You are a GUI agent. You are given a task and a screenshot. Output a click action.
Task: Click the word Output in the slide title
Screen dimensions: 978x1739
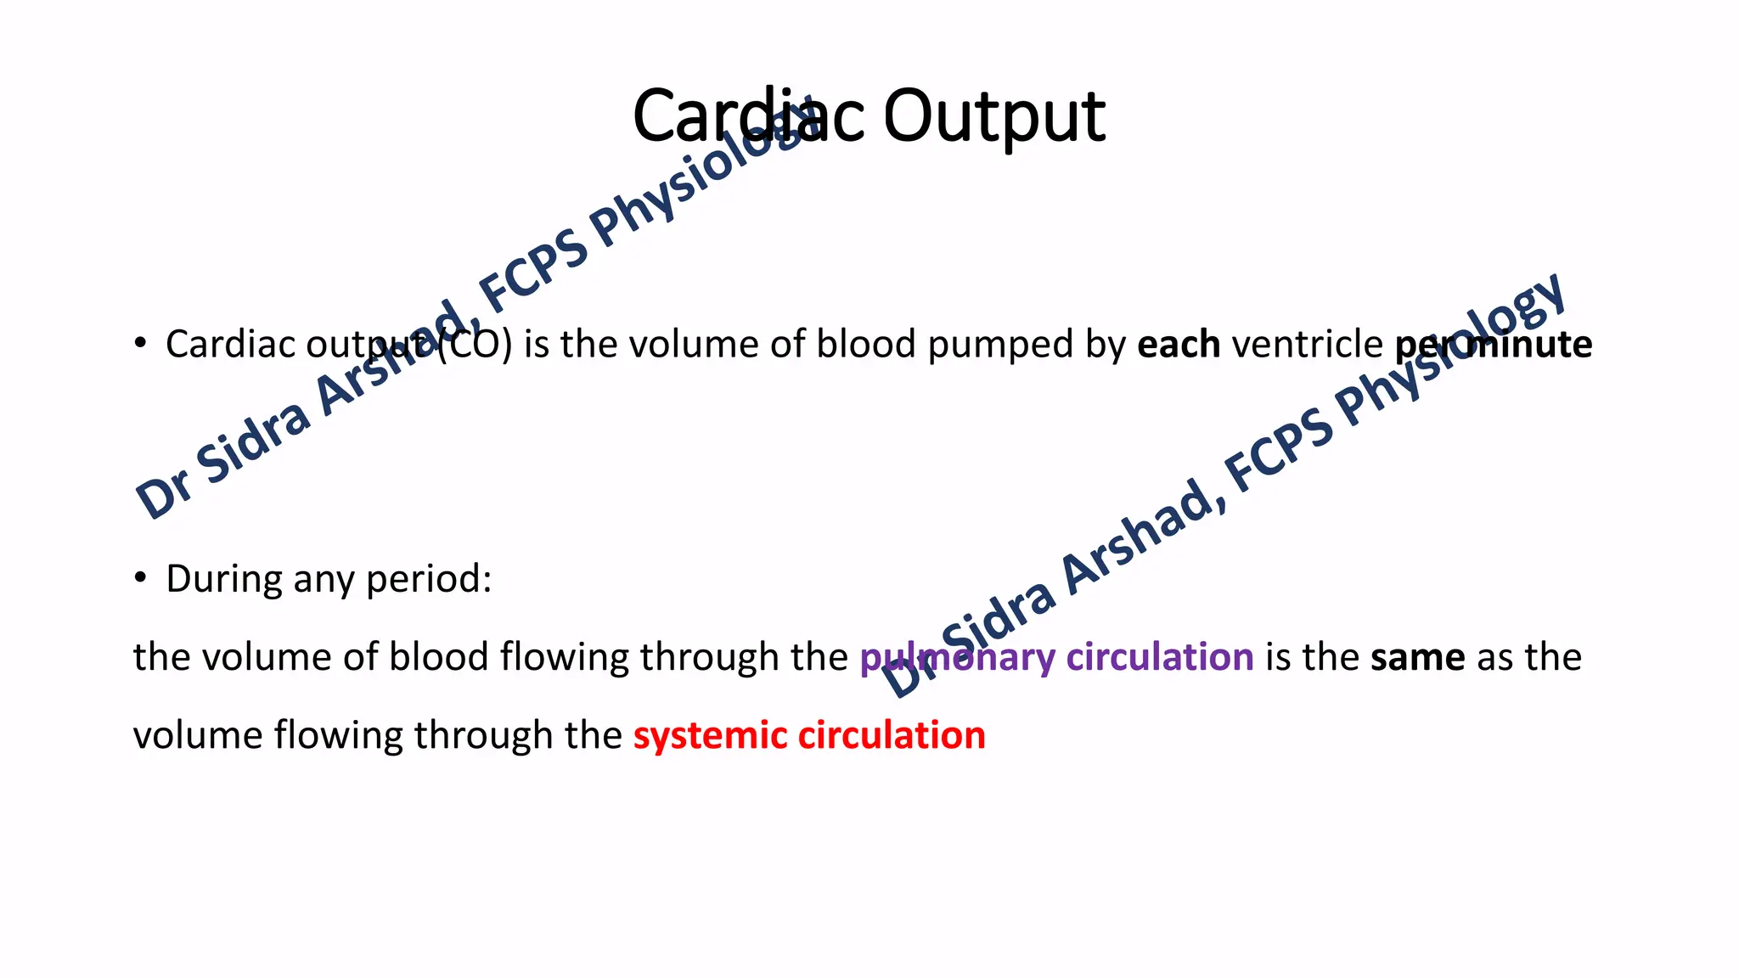click(994, 117)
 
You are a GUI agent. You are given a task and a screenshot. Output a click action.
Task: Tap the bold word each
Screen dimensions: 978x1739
click(1179, 345)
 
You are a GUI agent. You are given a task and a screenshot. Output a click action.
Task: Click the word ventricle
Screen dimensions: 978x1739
click(1308, 345)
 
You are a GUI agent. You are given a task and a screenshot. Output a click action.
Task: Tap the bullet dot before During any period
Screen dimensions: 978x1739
click(141, 578)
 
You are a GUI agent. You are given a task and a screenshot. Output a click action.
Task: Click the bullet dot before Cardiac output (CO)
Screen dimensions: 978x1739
click(141, 343)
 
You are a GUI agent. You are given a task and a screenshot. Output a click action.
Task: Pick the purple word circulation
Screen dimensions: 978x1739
click(1160, 657)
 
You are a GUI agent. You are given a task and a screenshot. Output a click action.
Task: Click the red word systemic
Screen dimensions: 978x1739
click(710, 736)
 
